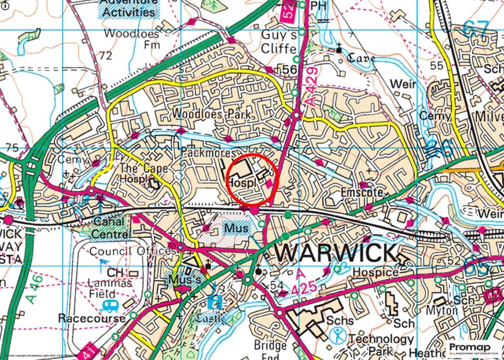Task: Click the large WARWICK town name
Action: point(335,253)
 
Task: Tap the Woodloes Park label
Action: point(211,114)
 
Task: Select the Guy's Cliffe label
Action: point(279,42)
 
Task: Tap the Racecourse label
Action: point(92,318)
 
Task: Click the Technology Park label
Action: point(380,345)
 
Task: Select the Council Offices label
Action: point(132,251)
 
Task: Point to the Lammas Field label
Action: point(110,288)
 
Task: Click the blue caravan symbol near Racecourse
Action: point(110,306)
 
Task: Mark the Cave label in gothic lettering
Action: point(362,59)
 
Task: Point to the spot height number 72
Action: point(105,56)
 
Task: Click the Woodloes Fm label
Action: point(131,39)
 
